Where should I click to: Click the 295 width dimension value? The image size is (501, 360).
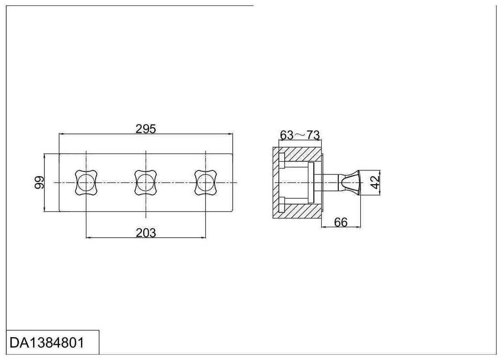click(146, 129)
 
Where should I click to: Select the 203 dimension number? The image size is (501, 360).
click(146, 233)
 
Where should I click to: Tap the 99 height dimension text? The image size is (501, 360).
click(39, 182)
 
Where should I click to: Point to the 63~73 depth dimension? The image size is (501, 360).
click(300, 135)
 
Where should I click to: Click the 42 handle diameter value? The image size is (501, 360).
click(375, 182)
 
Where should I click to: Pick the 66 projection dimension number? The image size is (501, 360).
click(340, 222)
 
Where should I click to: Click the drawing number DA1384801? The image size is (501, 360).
click(47, 343)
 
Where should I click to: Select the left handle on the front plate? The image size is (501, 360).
click(86, 182)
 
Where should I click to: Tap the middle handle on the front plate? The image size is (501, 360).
click(146, 182)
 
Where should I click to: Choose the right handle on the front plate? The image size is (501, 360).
click(205, 182)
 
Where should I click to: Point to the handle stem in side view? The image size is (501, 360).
click(331, 182)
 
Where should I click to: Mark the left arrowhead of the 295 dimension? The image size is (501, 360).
click(61, 134)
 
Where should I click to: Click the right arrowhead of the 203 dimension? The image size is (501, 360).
click(204, 238)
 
